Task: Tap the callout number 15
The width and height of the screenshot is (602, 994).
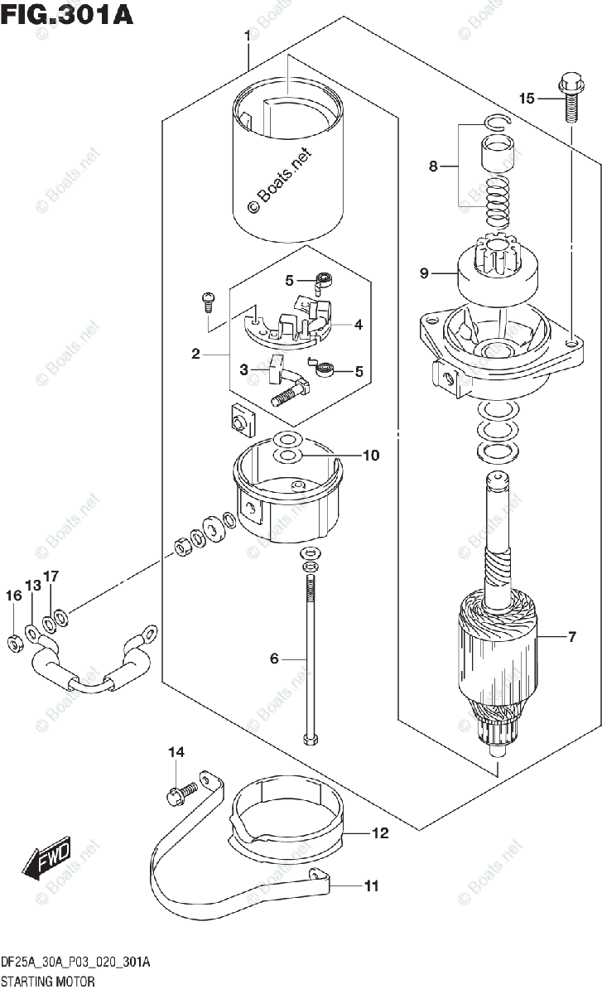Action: tap(527, 98)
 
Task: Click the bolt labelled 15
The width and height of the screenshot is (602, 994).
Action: tap(571, 98)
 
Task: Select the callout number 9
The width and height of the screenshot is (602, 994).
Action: tap(424, 273)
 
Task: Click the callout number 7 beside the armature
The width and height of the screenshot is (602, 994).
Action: tap(572, 637)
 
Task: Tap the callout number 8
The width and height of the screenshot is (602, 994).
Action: tap(433, 166)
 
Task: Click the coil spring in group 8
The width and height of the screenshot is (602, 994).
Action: tap(497, 203)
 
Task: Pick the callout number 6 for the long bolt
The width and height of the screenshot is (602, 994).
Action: tap(274, 658)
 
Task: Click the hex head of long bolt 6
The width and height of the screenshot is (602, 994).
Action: tap(310, 740)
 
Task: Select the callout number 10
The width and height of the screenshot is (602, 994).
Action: tap(371, 456)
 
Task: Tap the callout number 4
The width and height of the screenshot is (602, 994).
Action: tap(359, 325)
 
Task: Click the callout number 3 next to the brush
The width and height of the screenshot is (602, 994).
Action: tap(243, 369)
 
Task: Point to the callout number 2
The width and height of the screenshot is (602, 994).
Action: tap(195, 354)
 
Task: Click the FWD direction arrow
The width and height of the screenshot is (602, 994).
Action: tap(46, 858)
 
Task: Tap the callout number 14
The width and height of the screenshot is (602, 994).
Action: tap(176, 752)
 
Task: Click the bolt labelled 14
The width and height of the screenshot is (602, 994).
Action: tap(182, 793)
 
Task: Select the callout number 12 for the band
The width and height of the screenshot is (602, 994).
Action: tap(380, 833)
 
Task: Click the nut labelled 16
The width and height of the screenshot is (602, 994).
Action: tap(15, 644)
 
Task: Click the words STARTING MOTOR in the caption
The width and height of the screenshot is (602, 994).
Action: tap(48, 981)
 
